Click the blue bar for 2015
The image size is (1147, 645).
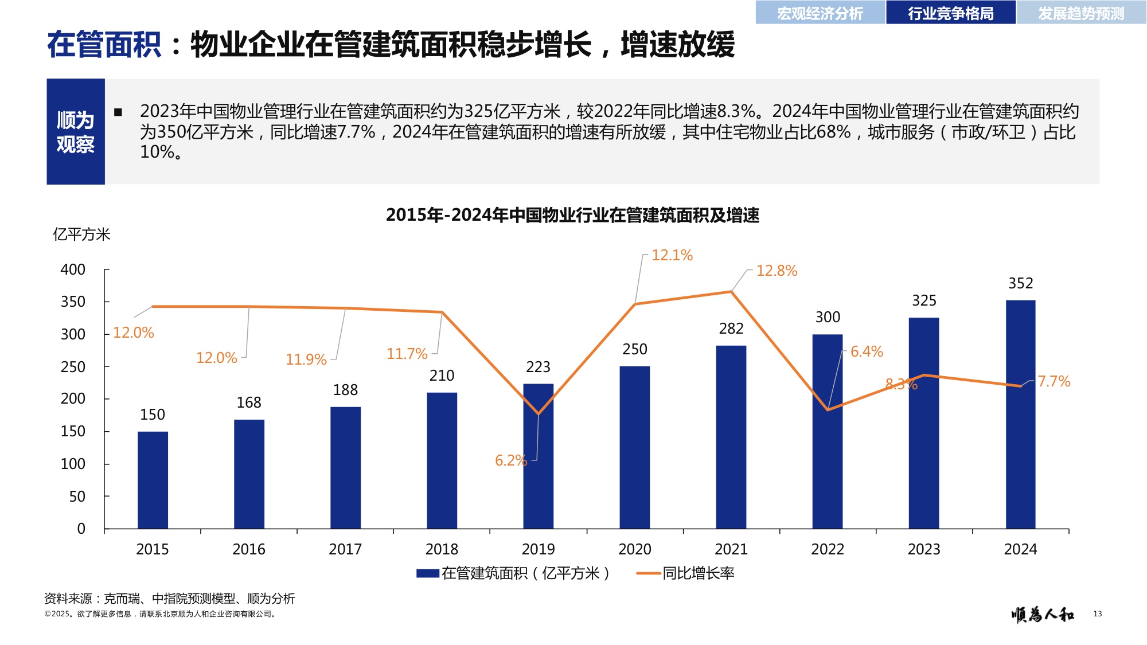click(x=153, y=480)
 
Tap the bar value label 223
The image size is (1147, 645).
click(x=538, y=367)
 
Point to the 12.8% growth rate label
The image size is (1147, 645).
click(x=777, y=271)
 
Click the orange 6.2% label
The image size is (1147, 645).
click(x=510, y=460)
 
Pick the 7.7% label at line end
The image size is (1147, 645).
click(x=1054, y=381)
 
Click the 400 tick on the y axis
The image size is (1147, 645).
click(x=73, y=269)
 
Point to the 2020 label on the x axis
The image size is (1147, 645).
click(x=634, y=549)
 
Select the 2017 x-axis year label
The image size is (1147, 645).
click(x=345, y=549)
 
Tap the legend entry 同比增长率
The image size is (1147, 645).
click(x=698, y=573)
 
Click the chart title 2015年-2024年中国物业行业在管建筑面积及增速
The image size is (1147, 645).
click(x=572, y=215)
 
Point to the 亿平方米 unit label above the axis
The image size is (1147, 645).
click(x=81, y=234)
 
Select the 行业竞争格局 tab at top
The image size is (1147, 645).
click(x=950, y=13)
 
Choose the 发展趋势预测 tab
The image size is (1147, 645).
click(x=1081, y=13)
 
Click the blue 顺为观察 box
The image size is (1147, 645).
click(x=76, y=132)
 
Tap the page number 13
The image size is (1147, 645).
click(x=1097, y=614)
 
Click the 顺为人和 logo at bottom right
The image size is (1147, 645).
click(x=1043, y=615)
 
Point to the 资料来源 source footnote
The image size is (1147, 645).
click(x=170, y=599)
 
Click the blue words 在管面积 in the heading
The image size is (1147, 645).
click(x=104, y=45)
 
